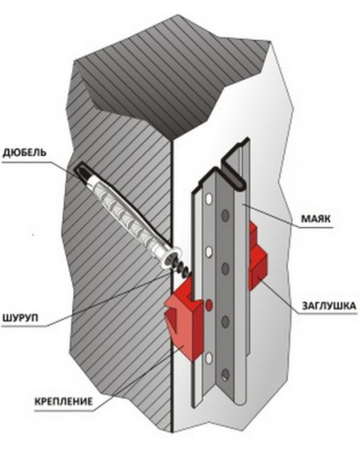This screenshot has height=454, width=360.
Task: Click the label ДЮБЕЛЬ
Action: pos(25,153)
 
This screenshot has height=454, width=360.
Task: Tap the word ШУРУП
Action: pos(21,318)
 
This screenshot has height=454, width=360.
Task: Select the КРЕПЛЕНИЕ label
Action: pos(64,401)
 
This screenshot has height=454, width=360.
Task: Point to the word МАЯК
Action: pos(316,218)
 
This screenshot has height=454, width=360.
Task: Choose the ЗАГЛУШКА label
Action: pos(329,306)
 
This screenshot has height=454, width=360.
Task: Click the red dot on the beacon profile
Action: pos(209,305)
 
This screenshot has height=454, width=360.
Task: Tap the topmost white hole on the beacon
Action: pos(209,198)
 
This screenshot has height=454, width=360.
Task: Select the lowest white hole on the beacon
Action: pos(209,358)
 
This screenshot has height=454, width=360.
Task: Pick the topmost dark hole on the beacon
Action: pos(226,215)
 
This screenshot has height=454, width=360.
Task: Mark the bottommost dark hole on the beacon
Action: pos(226,375)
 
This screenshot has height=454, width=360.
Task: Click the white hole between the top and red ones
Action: pos(209,252)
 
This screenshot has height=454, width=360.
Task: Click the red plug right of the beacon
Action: pos(257,255)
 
